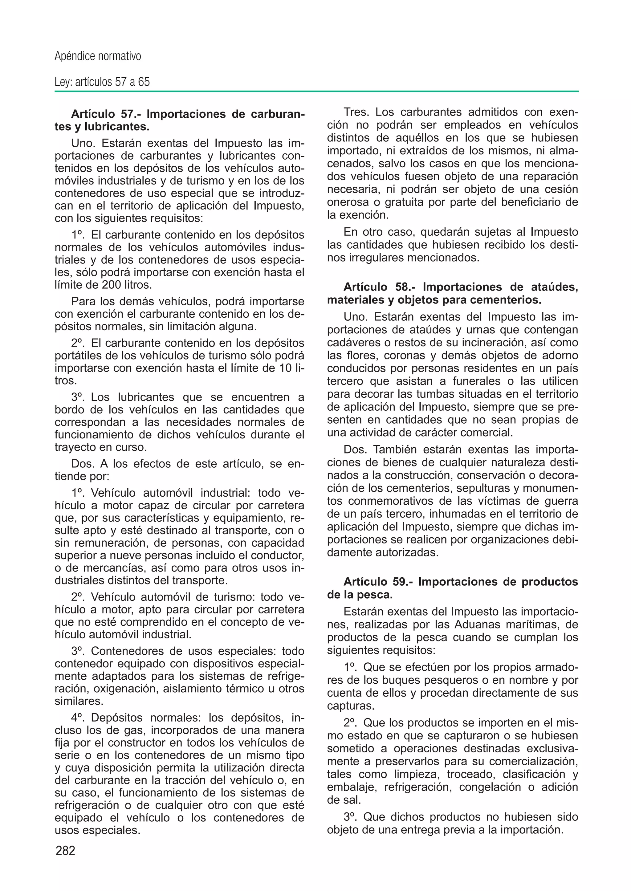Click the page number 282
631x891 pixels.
(66, 851)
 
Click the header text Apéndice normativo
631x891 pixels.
(98, 56)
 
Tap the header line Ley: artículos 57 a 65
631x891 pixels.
(102, 82)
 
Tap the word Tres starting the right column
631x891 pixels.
(357, 112)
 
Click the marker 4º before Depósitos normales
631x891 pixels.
(79, 717)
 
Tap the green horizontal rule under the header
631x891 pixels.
(316, 92)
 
